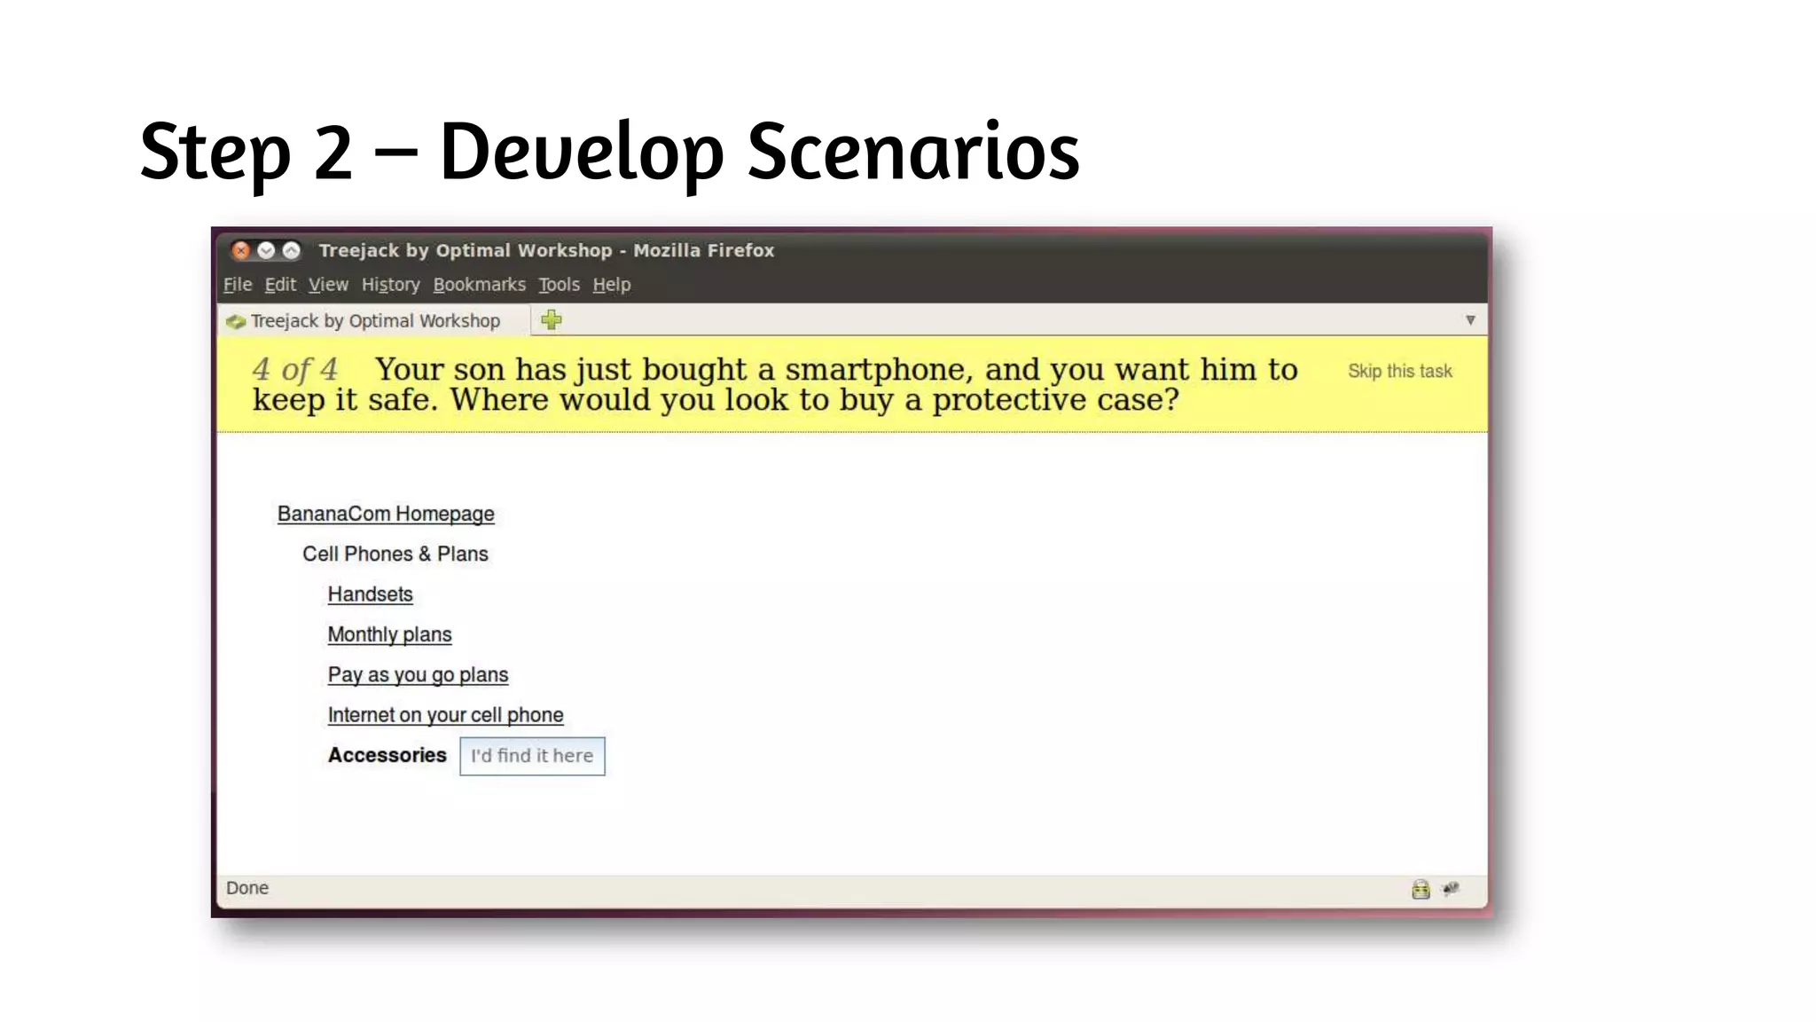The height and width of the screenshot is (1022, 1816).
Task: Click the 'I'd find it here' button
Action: coord(532,756)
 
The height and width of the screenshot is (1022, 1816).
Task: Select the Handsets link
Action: coord(370,594)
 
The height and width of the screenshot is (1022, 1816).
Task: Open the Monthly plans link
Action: coord(389,635)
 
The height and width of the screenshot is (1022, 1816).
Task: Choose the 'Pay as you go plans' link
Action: coord(418,675)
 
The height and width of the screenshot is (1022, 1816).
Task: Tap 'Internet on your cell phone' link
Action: coord(445,715)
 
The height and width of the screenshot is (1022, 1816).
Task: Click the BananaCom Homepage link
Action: coord(386,515)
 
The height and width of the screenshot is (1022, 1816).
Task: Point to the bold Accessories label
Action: coord(387,755)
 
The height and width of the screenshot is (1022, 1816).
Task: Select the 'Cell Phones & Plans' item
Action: coord(395,554)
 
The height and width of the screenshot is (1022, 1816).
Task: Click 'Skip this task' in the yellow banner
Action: coord(1399,372)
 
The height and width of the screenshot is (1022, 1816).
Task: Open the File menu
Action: coord(237,285)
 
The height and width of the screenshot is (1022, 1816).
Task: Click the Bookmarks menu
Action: coord(479,285)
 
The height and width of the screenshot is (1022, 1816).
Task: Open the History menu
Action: coord(390,285)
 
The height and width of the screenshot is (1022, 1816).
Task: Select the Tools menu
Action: coord(559,285)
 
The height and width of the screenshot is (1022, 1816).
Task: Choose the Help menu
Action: coord(612,285)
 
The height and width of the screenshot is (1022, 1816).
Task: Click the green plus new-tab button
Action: coord(552,320)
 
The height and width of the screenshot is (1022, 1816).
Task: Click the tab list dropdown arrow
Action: coord(1470,320)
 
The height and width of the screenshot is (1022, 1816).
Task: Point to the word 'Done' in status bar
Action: coord(247,888)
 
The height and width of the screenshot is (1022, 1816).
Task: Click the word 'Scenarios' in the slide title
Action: coord(912,152)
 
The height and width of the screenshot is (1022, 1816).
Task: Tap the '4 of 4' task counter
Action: coord(294,369)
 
